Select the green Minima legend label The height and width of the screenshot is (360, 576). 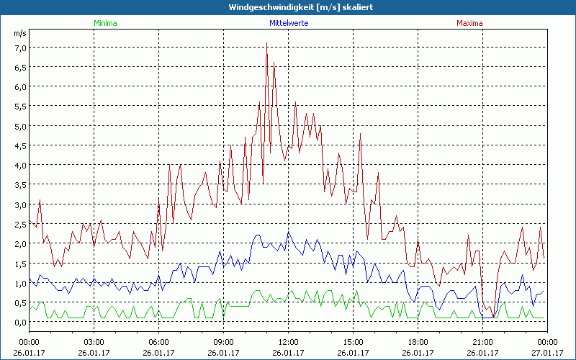(x=105, y=23)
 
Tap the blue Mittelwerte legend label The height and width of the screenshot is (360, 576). (x=288, y=23)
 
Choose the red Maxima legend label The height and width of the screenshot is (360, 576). (x=470, y=23)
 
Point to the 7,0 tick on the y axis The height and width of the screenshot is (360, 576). (x=20, y=48)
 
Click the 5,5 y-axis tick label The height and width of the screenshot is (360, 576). (x=20, y=107)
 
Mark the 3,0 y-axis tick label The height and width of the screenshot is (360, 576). (x=20, y=204)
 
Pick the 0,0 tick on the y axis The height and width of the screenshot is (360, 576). (x=20, y=322)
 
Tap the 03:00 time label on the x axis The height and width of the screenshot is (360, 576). (x=94, y=342)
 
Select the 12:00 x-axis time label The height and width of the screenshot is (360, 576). (x=288, y=342)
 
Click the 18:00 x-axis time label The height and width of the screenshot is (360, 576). (x=418, y=342)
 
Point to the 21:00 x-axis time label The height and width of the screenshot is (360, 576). (x=482, y=342)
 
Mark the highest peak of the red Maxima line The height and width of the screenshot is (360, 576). (x=266, y=42)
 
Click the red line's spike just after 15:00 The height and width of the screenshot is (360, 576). (x=360, y=133)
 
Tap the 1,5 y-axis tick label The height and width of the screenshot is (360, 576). (x=20, y=264)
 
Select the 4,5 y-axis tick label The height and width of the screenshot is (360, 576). (x=20, y=146)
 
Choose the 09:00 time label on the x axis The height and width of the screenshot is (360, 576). (x=223, y=342)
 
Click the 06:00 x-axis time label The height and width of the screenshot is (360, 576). (x=158, y=342)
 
